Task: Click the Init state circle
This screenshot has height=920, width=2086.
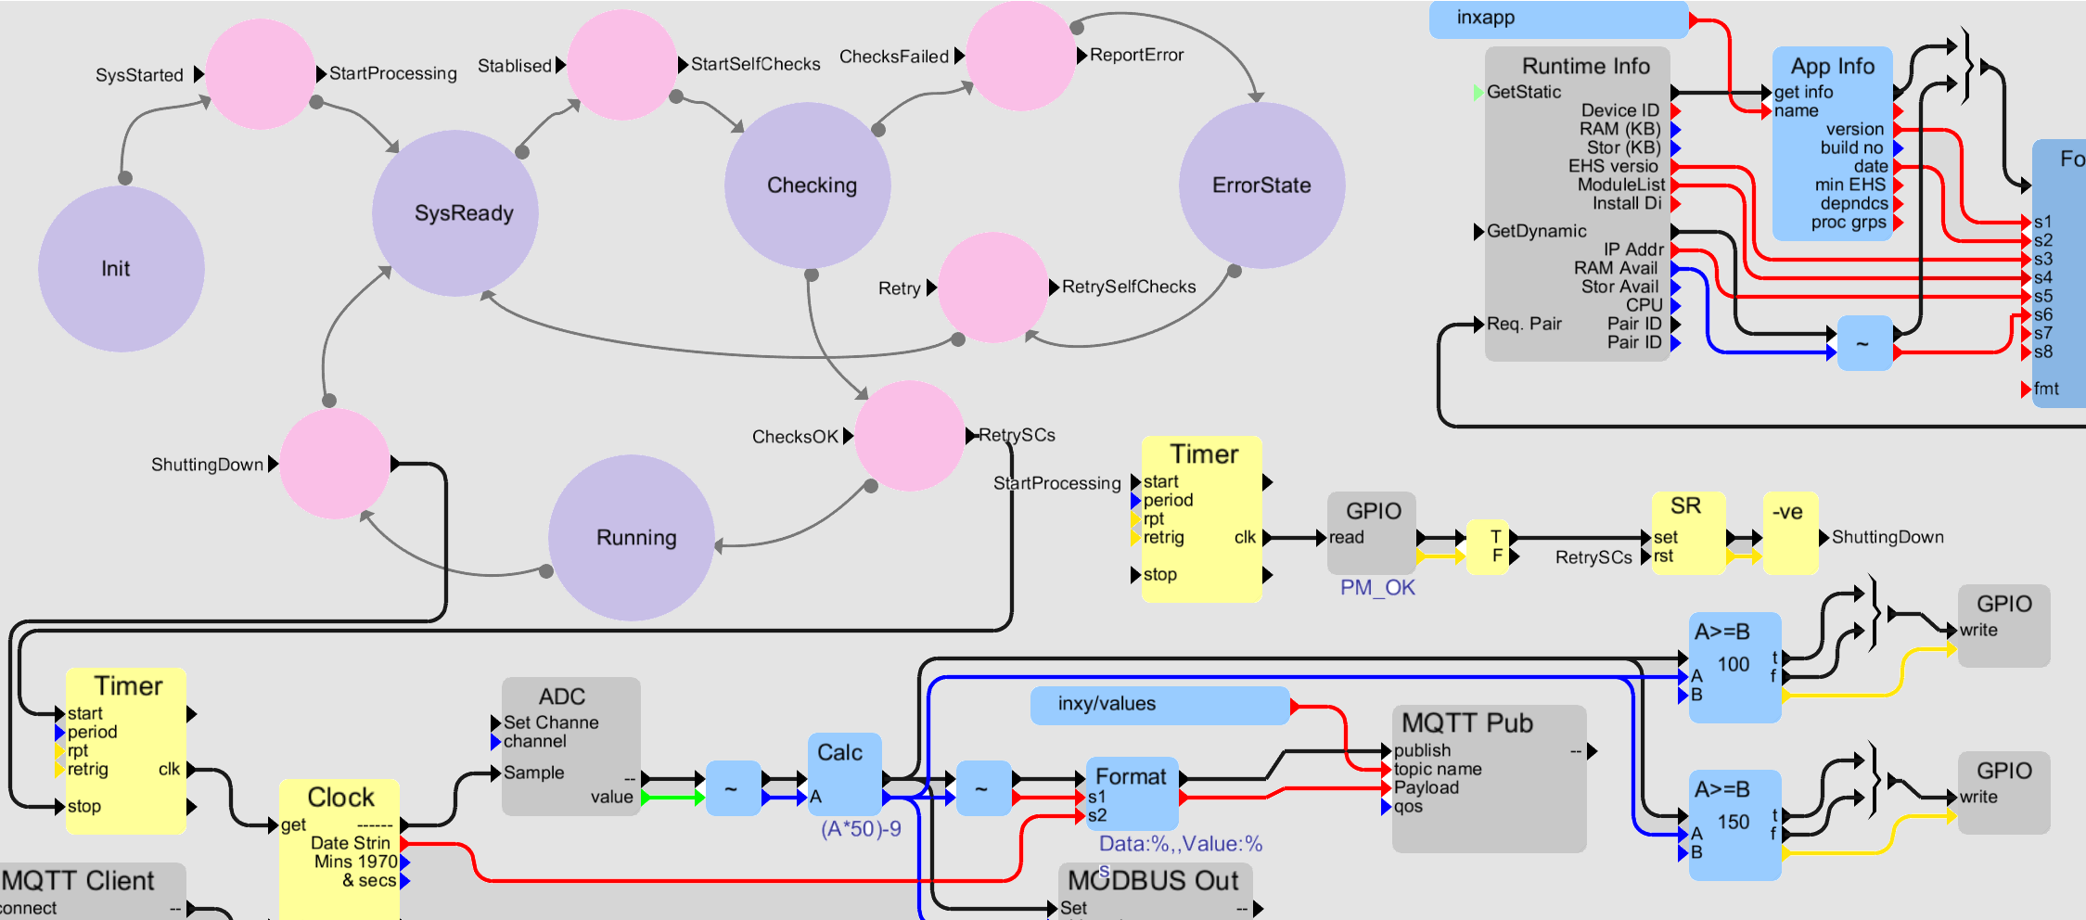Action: pyautogui.click(x=121, y=269)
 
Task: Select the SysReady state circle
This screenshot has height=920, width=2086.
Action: pyautogui.click(x=455, y=213)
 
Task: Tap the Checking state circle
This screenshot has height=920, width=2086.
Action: pyautogui.click(x=808, y=185)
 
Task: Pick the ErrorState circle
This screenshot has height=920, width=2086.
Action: pyautogui.click(x=1261, y=185)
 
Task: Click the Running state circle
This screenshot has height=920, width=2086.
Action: pyautogui.click(x=632, y=538)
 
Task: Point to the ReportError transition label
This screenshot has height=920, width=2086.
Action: pyautogui.click(x=1136, y=56)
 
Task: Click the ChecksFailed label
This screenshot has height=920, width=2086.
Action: pyautogui.click(x=893, y=57)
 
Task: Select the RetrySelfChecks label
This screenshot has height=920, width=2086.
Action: pyautogui.click(x=1129, y=287)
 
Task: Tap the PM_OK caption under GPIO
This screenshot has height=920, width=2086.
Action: pyautogui.click(x=1377, y=588)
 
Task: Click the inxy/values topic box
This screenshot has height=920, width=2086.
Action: pyautogui.click(x=1159, y=705)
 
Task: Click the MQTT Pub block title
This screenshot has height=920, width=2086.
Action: pyautogui.click(x=1466, y=723)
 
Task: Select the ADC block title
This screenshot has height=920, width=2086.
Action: pyautogui.click(x=562, y=696)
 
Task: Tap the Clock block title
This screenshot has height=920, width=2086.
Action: pyautogui.click(x=340, y=798)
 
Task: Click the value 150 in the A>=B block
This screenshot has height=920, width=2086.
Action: pyautogui.click(x=1733, y=823)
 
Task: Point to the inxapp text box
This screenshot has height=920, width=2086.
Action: pyautogui.click(x=1558, y=19)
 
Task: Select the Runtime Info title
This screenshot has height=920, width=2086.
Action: pyautogui.click(x=1585, y=67)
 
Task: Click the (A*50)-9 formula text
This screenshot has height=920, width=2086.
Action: pyautogui.click(x=861, y=829)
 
